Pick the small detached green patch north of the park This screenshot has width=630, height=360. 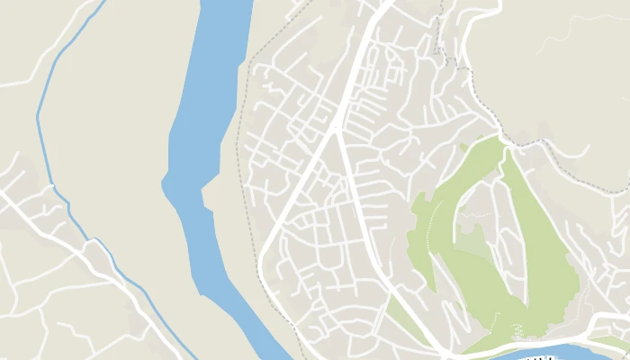click(x=464, y=147)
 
